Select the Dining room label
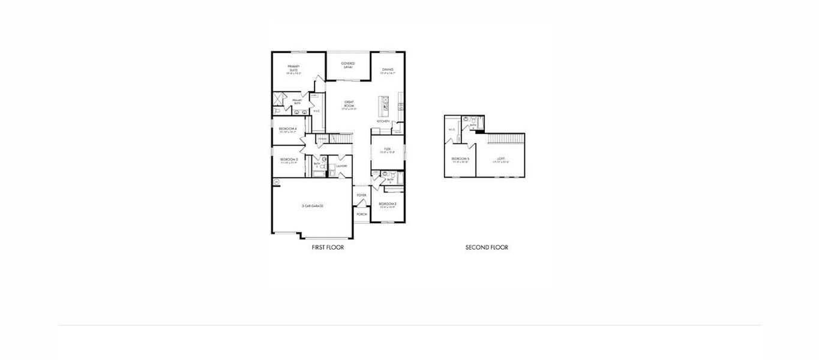coord(388,70)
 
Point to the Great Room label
coord(349,104)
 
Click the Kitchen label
coord(383,121)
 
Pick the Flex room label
coord(387,149)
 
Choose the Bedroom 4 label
coord(287,129)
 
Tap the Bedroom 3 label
coord(287,160)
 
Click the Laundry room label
coord(341,166)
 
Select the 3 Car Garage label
coord(312,206)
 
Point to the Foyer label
coord(361,195)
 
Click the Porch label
coord(361,214)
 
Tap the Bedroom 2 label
coord(387,205)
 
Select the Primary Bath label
coord(297,101)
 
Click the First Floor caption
coord(328,247)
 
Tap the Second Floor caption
coord(487,247)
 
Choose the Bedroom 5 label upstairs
coord(460,159)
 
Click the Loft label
coord(501,159)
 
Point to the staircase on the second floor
coord(505,139)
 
